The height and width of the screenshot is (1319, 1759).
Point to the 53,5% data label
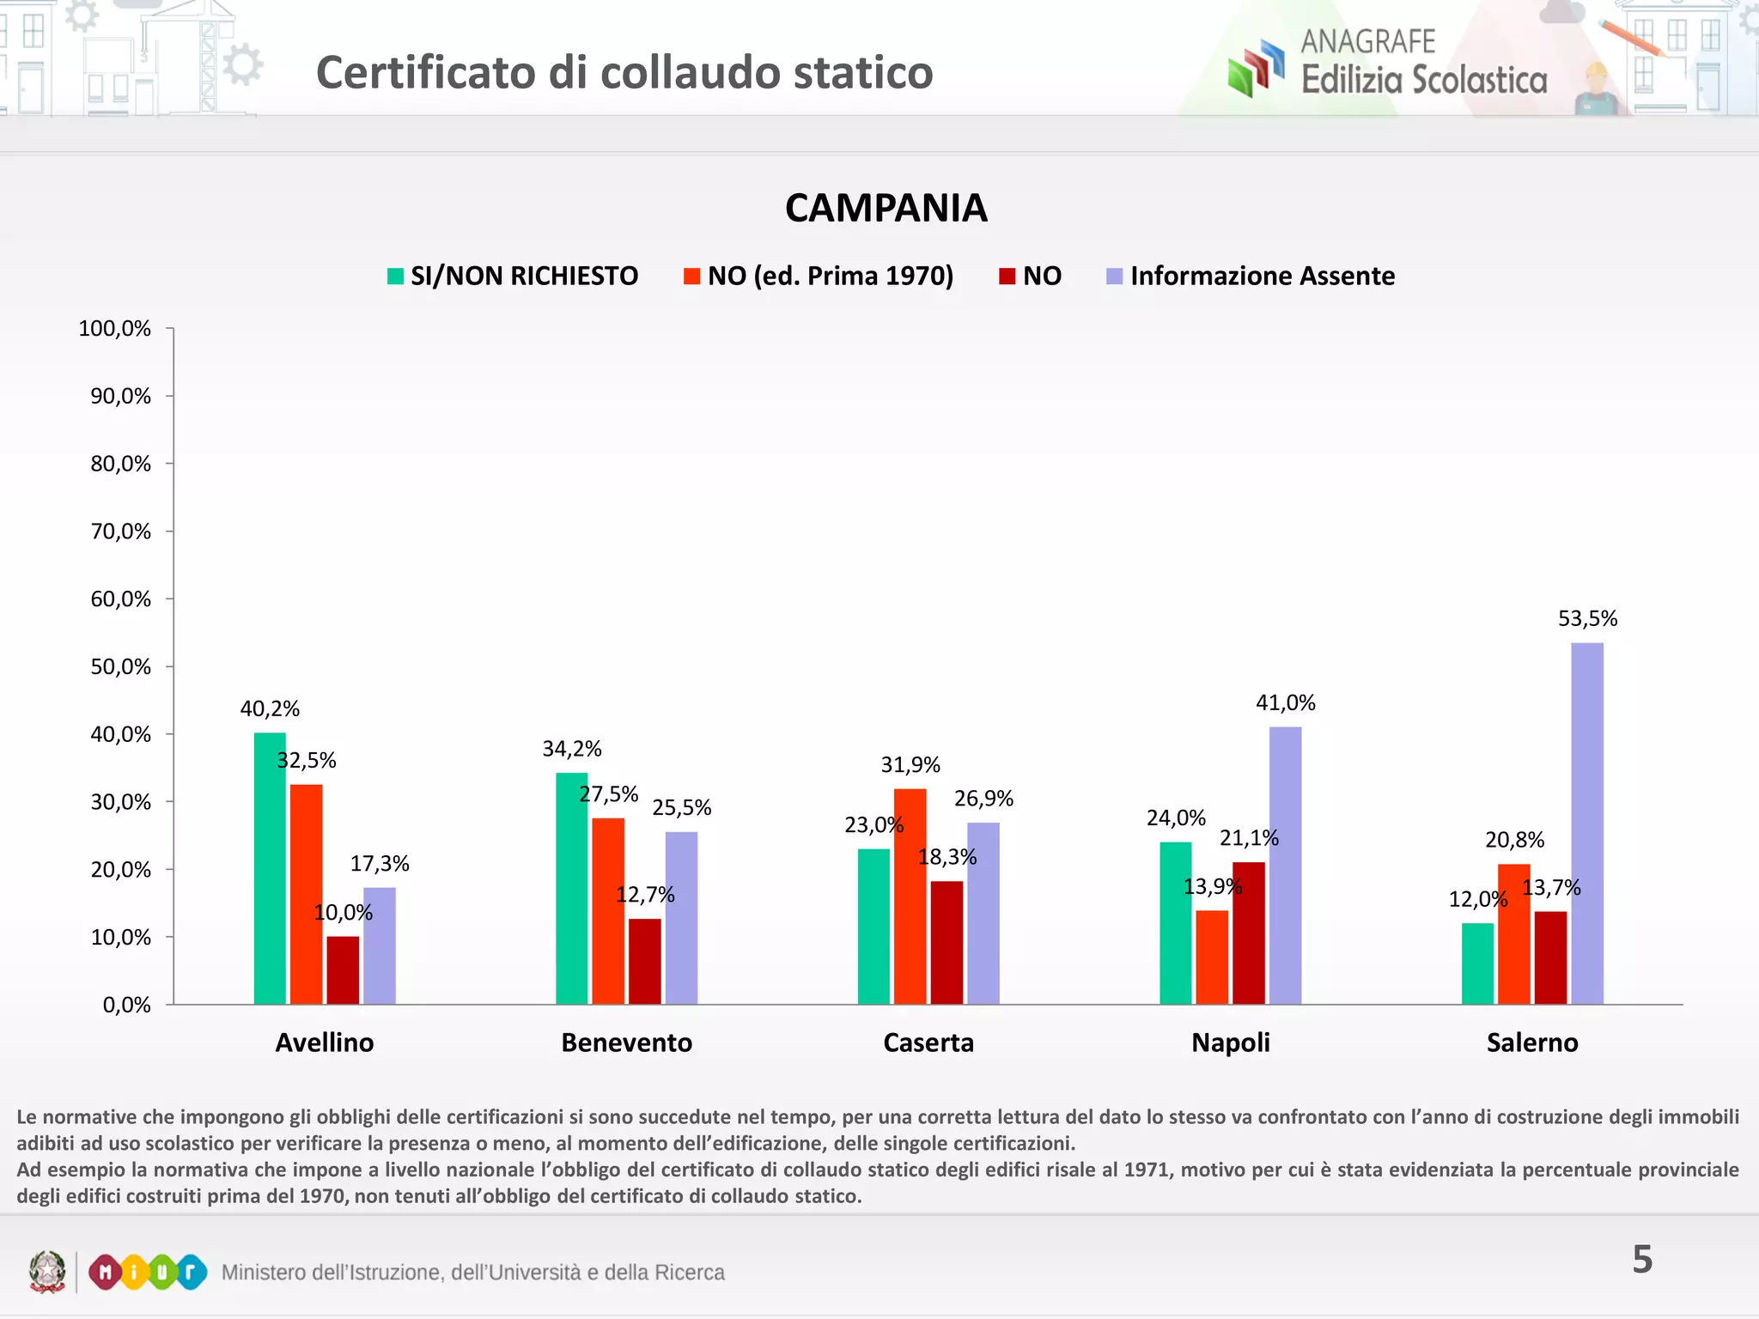coord(1587,618)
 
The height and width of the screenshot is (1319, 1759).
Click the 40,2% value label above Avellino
coord(270,708)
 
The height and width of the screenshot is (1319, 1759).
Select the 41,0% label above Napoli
coord(1285,702)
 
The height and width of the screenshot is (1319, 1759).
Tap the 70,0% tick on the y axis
coord(121,532)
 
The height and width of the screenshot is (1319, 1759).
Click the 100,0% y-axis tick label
coord(114,328)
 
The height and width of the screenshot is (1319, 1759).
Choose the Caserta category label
coord(928,1042)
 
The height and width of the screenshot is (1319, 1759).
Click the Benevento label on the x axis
coord(626,1042)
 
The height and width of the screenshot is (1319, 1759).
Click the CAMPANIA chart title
coord(886,208)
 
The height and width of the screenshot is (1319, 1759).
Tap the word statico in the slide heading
coord(863,72)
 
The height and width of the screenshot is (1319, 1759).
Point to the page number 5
coord(1641,1260)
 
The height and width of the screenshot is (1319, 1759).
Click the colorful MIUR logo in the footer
coord(148,1272)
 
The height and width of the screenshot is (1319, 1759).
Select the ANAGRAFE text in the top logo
coord(1367,41)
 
